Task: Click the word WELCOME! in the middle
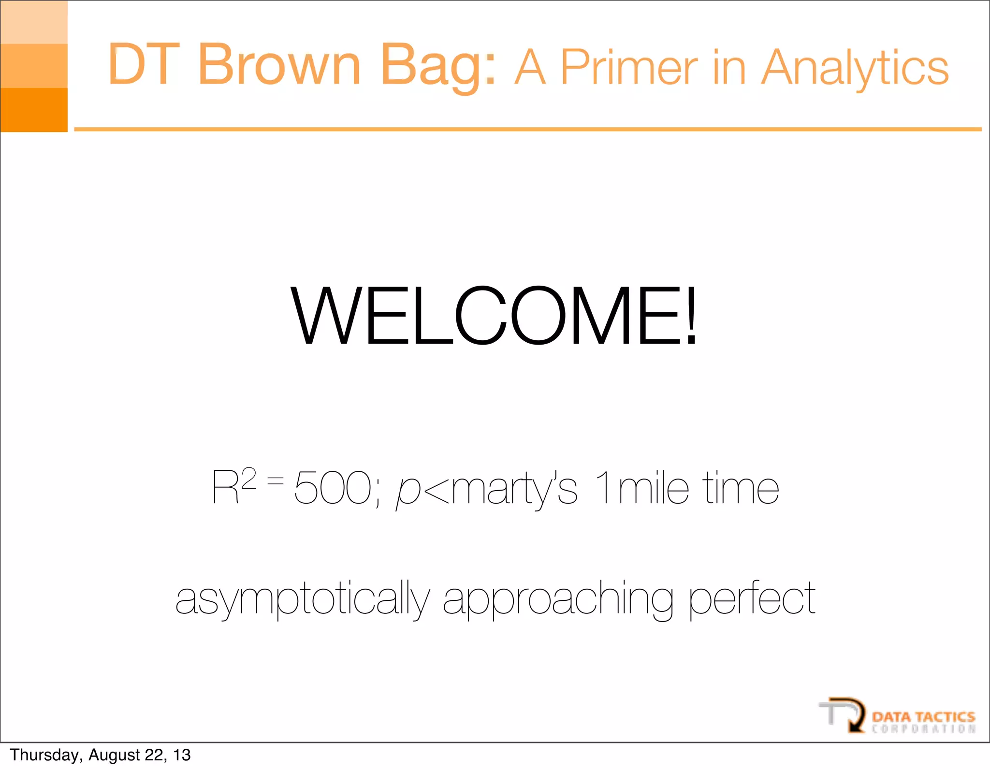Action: tap(494, 317)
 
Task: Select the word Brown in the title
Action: tap(279, 64)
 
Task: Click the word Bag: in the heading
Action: tap(438, 67)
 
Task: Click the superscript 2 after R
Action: tap(248, 479)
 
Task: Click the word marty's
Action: tap(514, 489)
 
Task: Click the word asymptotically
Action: tap(302, 599)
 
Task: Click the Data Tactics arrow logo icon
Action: tap(844, 714)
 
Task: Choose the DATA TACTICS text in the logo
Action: tap(923, 716)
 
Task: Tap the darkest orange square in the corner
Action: tap(34, 110)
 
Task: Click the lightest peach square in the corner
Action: tap(34, 22)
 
